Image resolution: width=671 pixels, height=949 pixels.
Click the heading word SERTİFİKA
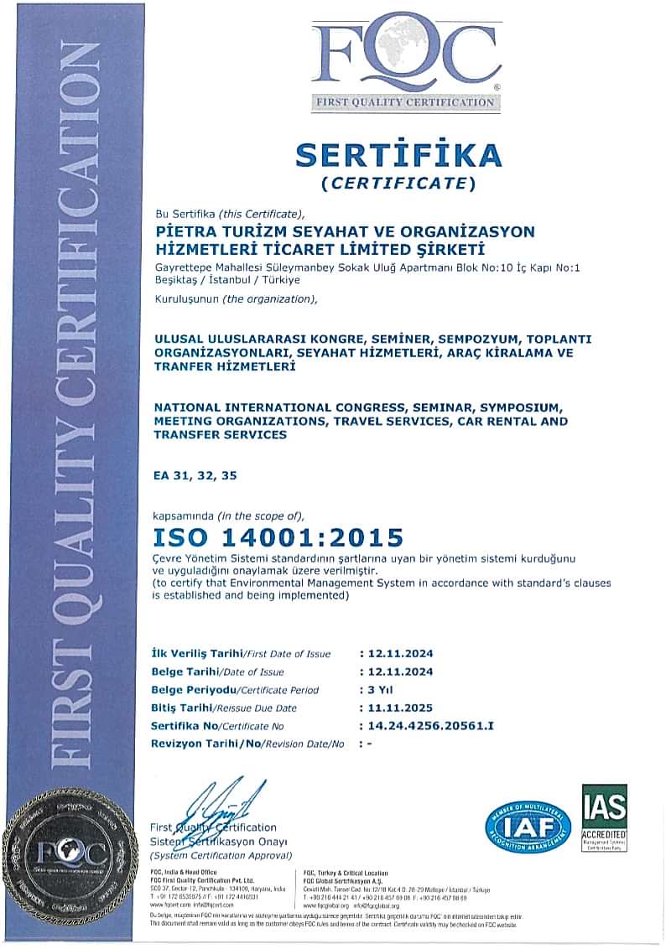pyautogui.click(x=398, y=155)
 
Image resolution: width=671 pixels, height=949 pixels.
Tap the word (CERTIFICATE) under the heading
pyautogui.click(x=398, y=182)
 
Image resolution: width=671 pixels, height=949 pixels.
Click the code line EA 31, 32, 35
pyautogui.click(x=195, y=475)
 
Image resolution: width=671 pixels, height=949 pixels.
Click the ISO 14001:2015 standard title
pyautogui.click(x=278, y=537)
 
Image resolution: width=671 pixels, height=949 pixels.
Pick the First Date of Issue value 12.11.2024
pyautogui.click(x=396, y=653)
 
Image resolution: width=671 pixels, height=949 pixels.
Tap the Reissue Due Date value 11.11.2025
pyautogui.click(x=396, y=708)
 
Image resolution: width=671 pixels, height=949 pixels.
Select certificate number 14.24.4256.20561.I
pyautogui.click(x=426, y=725)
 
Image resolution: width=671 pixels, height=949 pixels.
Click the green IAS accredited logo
pyautogui.click(x=604, y=817)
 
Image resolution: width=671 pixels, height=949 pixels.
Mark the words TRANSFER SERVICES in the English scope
pyautogui.click(x=221, y=434)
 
